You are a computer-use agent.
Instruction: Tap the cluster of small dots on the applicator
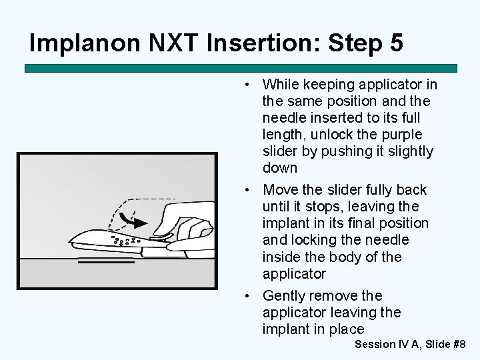pyautogui.click(x=125, y=239)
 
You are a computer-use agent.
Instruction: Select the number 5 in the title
pyautogui.click(x=395, y=43)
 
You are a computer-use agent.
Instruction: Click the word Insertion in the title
pyautogui.click(x=260, y=43)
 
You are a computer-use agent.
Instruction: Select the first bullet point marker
pyautogui.click(x=247, y=85)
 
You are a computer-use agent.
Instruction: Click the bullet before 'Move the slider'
pyautogui.click(x=247, y=190)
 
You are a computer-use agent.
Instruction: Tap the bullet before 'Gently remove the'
pyautogui.click(x=247, y=295)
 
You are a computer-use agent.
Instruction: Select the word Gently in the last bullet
pyautogui.click(x=287, y=295)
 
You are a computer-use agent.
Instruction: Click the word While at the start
pyautogui.click(x=281, y=85)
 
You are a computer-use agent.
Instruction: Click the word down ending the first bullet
pyautogui.click(x=280, y=168)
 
